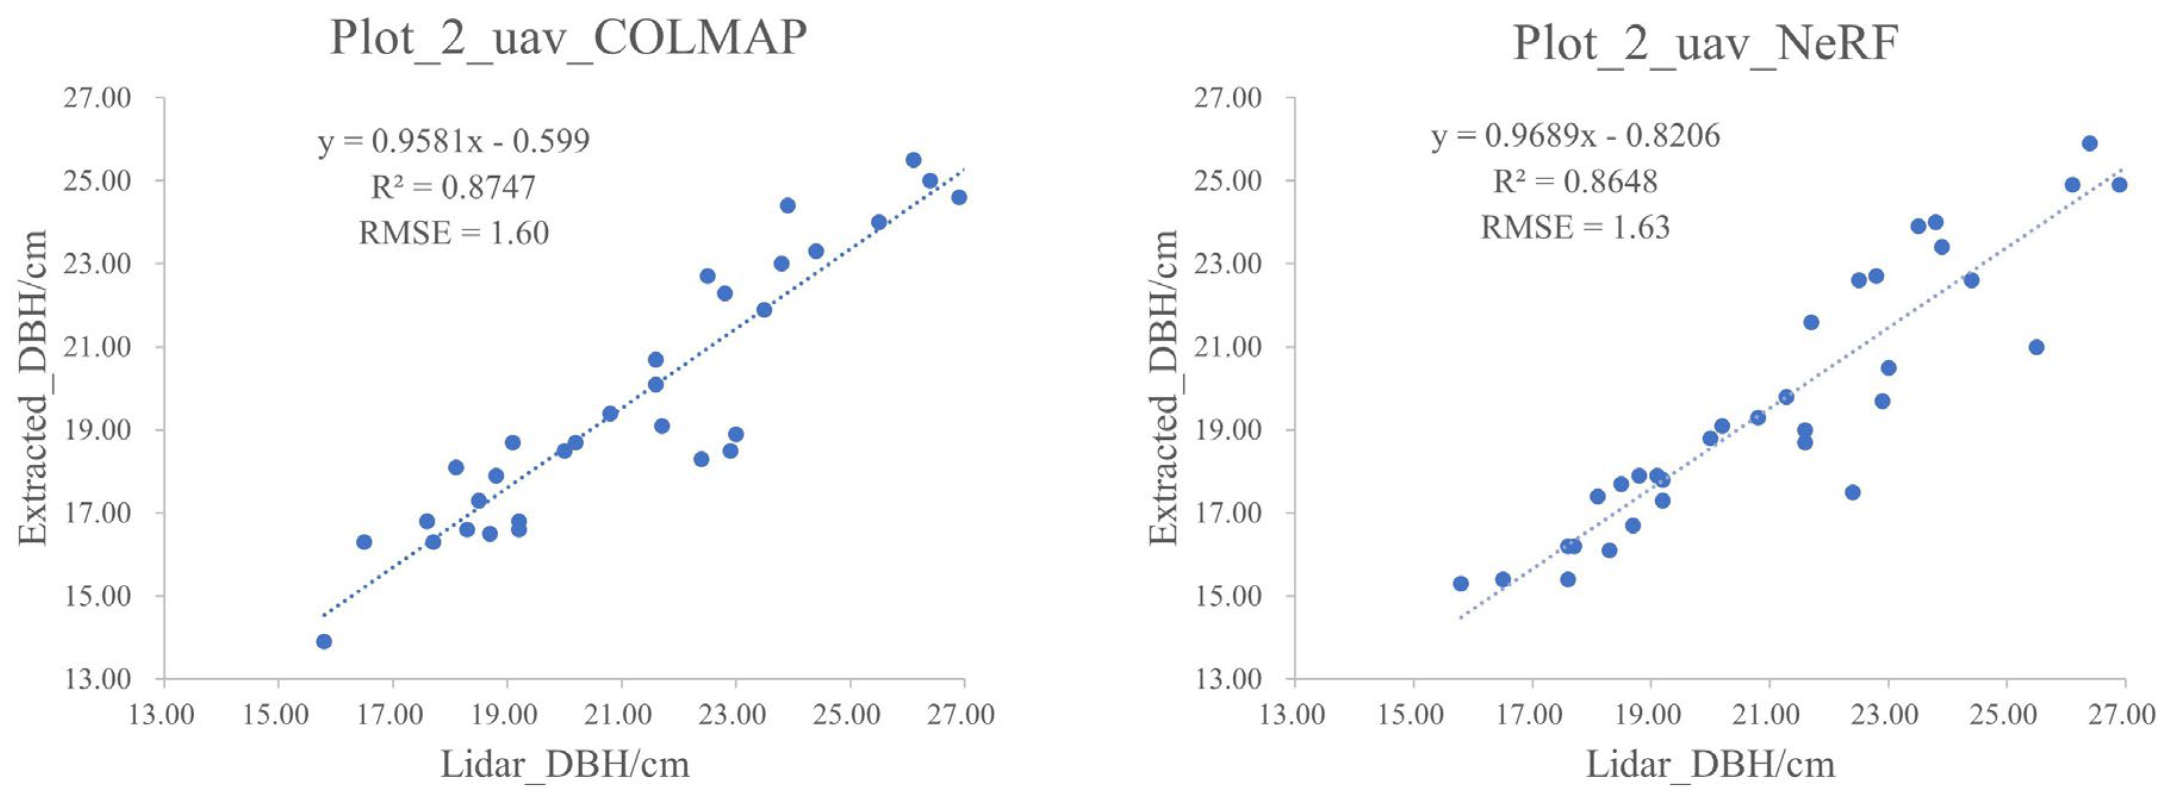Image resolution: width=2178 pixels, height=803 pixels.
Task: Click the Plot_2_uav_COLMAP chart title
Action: [568, 38]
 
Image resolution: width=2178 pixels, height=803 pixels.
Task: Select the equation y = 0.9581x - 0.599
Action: [454, 141]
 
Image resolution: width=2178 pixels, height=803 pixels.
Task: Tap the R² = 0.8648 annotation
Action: [1575, 181]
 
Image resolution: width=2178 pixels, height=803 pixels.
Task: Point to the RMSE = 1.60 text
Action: [454, 232]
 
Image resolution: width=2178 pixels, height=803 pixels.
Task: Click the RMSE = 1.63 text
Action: [1575, 228]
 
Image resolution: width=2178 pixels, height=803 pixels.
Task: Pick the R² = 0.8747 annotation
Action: [454, 187]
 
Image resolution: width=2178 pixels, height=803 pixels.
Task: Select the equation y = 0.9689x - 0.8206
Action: [1575, 135]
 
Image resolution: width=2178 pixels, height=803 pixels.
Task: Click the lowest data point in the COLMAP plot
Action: [324, 642]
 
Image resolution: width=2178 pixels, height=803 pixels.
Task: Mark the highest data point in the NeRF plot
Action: [2089, 144]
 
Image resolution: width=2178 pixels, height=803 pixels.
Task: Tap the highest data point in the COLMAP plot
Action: [913, 160]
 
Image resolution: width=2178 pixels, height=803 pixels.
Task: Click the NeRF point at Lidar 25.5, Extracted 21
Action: [2036, 347]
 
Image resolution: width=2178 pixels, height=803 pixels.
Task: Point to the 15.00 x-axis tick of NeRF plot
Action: [1411, 715]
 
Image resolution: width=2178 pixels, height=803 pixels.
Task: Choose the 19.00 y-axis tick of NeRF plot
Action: [1228, 430]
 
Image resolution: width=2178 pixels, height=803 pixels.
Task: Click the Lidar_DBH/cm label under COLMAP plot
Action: [565, 765]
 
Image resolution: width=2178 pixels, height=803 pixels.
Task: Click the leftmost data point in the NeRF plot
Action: [1460, 583]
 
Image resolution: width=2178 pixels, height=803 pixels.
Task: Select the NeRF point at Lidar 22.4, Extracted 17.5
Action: [1853, 493]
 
